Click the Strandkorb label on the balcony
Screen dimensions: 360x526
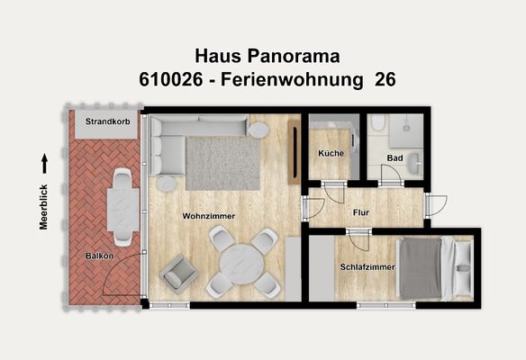click(x=106, y=121)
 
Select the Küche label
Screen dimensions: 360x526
click(x=331, y=153)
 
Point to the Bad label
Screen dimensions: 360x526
click(x=394, y=157)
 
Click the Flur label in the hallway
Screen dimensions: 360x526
click(x=362, y=213)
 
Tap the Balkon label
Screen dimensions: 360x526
click(x=99, y=256)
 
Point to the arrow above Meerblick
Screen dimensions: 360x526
click(x=43, y=162)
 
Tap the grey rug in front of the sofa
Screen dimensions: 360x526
click(x=222, y=163)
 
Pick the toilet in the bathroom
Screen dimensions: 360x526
click(x=379, y=124)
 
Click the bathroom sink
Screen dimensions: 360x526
click(x=414, y=162)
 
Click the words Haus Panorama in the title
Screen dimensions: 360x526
click(x=267, y=57)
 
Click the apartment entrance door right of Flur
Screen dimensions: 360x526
click(x=433, y=206)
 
